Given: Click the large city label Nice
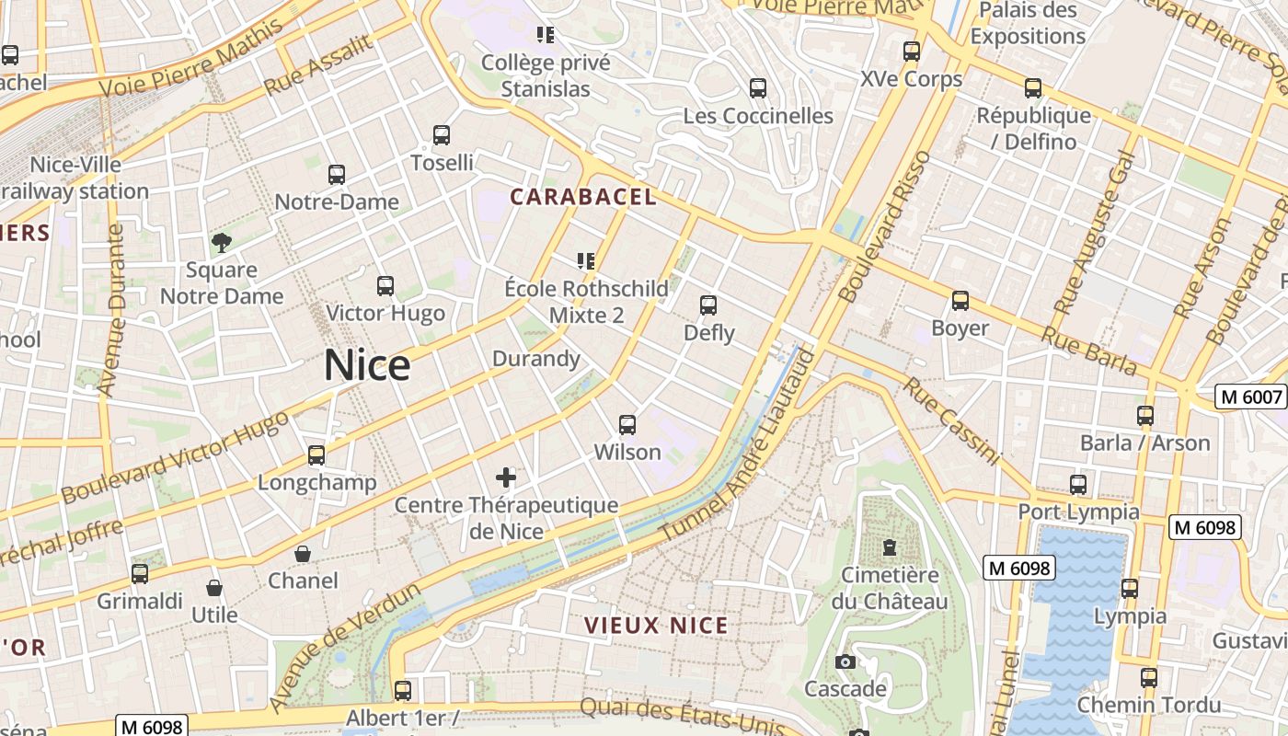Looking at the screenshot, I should [367, 366].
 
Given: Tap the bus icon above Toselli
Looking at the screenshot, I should [442, 135].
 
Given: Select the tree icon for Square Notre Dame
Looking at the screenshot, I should [221, 243].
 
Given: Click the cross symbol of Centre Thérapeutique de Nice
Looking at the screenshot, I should [506, 477].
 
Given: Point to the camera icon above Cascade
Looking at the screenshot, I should [845, 661].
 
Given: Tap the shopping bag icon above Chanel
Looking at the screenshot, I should [302, 554].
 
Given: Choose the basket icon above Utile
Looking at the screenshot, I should [214, 588].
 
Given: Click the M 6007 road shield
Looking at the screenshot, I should [1250, 397].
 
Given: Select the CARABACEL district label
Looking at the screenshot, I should [583, 197].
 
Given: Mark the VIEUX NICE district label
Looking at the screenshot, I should [656, 626].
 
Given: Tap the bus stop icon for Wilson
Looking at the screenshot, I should [627, 424].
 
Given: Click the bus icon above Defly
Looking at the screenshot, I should [707, 305].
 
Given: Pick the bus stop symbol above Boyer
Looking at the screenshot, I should [960, 301].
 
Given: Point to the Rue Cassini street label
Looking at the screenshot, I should [950, 420].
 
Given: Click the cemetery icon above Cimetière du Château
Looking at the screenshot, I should [889, 547].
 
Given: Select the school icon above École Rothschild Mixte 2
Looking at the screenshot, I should [586, 261].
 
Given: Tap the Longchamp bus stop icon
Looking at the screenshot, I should [316, 454].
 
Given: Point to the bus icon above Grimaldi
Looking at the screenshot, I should [140, 574].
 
